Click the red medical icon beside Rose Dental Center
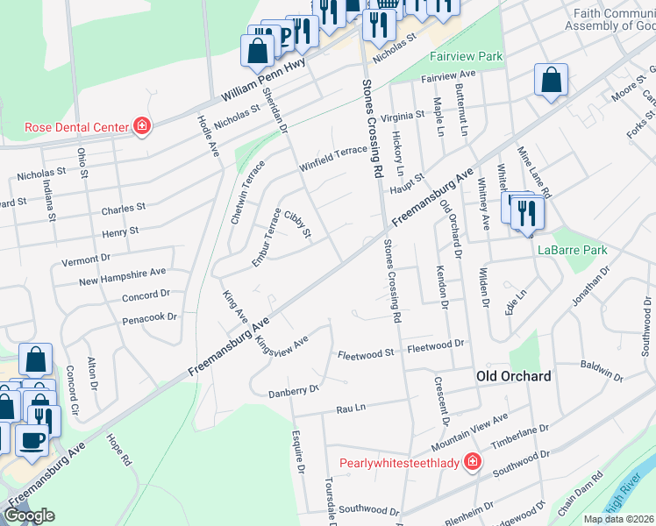click(141, 127)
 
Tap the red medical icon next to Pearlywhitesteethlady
click(473, 461)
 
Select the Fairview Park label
click(466, 56)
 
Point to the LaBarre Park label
click(572, 250)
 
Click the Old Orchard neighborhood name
click(513, 376)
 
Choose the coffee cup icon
click(33, 442)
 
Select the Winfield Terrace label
click(333, 151)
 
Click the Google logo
click(30, 515)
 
